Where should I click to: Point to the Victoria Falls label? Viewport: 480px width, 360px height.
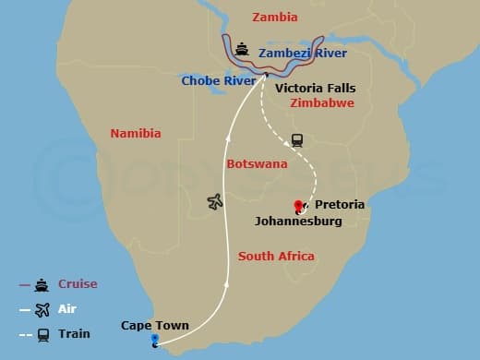pyautogui.click(x=315, y=88)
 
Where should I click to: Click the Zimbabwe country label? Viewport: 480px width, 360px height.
pyautogui.click(x=321, y=103)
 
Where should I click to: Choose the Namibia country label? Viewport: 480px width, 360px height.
pyautogui.click(x=136, y=134)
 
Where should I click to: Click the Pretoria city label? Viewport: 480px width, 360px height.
pyautogui.click(x=340, y=204)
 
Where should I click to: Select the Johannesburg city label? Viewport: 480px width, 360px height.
pyautogui.click(x=298, y=222)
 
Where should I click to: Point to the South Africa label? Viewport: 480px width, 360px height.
pyautogui.click(x=276, y=256)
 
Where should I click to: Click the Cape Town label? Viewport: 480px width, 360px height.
pyautogui.click(x=155, y=325)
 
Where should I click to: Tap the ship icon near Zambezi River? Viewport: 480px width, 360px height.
pyautogui.click(x=242, y=48)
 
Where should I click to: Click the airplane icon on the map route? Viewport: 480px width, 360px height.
pyautogui.click(x=216, y=200)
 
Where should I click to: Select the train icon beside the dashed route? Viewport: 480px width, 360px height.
pyautogui.click(x=297, y=140)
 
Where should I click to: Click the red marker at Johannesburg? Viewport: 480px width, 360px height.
pyautogui.click(x=297, y=206)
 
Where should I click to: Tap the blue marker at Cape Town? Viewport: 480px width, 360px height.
pyautogui.click(x=154, y=340)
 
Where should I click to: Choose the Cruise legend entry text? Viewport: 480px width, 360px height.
pyautogui.click(x=78, y=284)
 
